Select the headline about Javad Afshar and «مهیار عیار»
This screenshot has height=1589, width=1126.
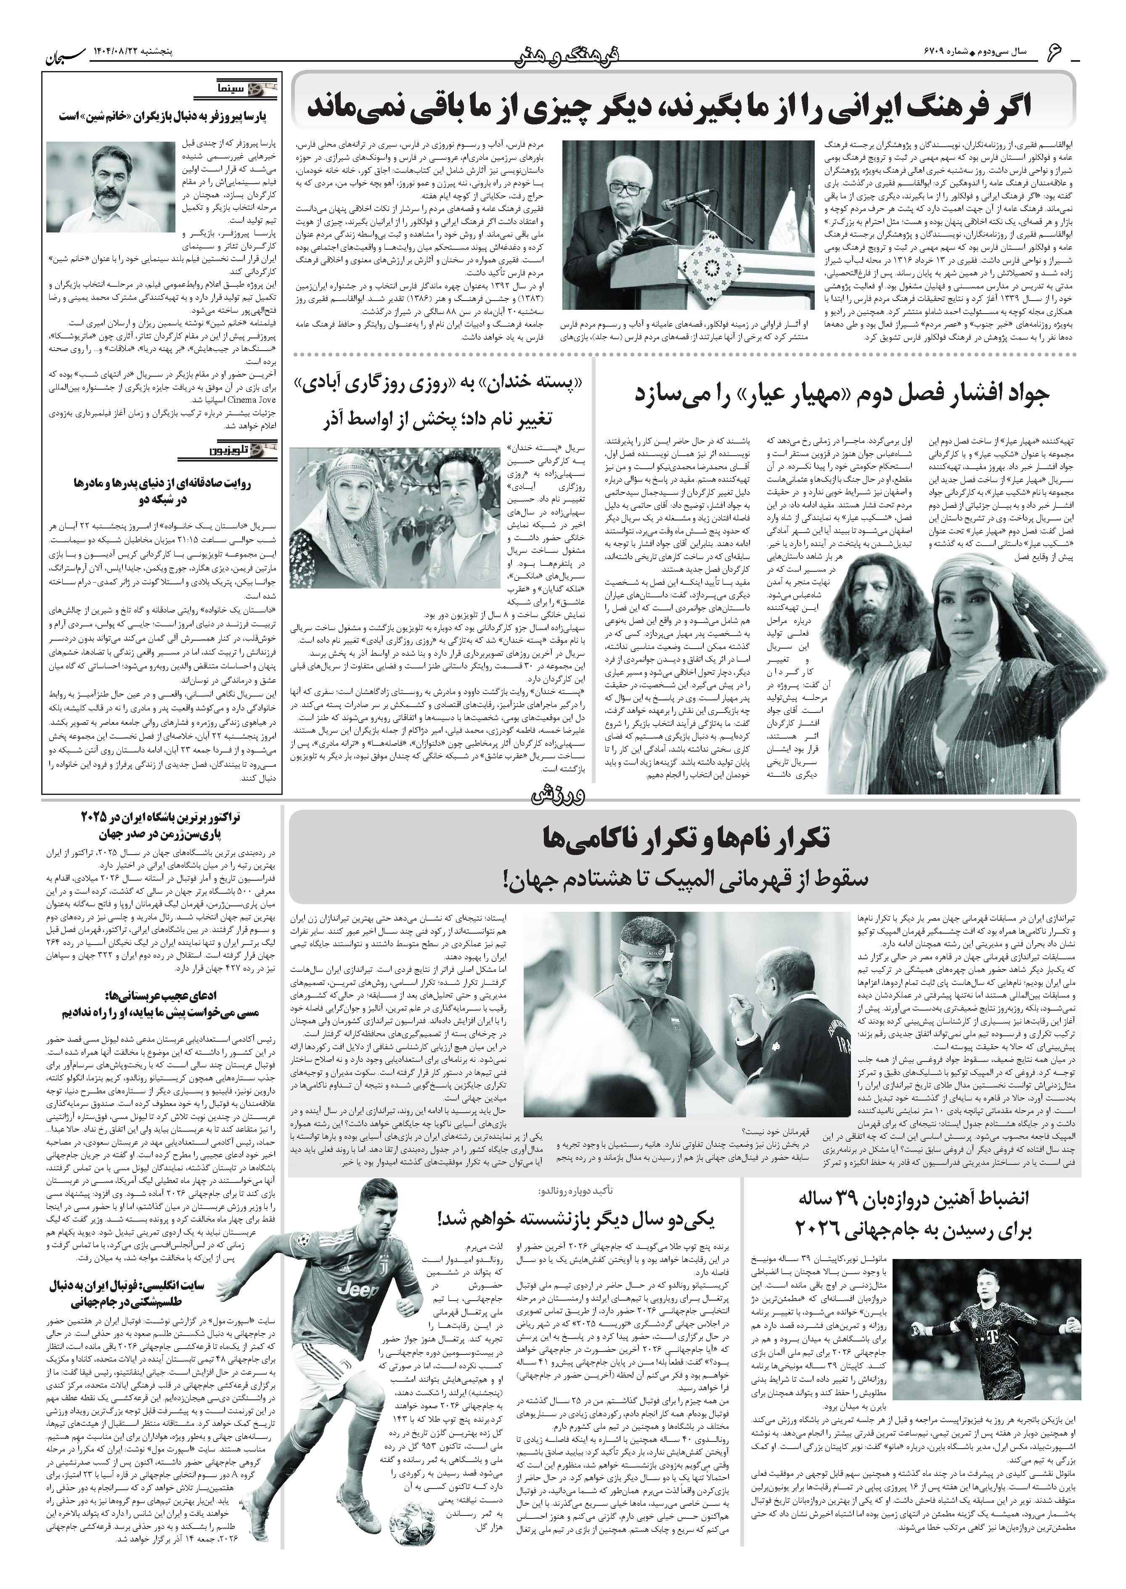tap(843, 395)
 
